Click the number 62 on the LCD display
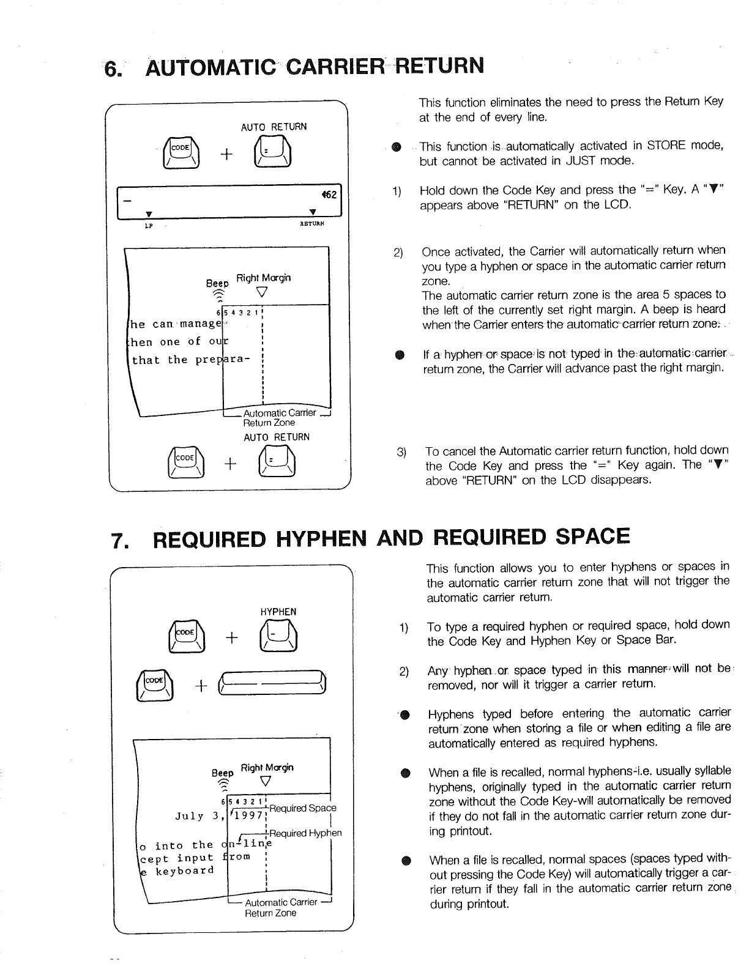coord(330,195)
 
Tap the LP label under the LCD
coord(147,225)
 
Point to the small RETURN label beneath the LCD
coord(311,225)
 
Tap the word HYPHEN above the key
coord(278,612)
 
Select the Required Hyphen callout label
coord(305,833)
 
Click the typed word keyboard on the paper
coord(184,871)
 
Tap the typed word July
coord(189,816)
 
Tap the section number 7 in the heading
coord(117,539)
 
